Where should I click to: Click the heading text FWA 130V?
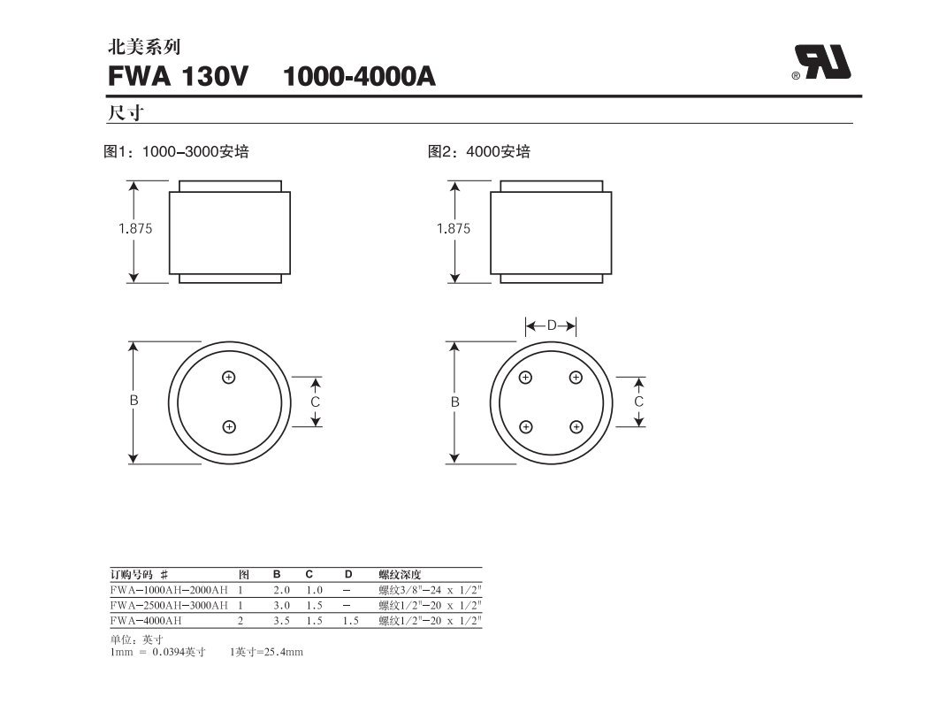click(178, 77)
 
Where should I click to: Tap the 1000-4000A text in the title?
click(359, 77)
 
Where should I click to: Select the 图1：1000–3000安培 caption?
click(177, 152)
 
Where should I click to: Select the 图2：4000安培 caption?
click(479, 152)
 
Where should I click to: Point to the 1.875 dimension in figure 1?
click(135, 228)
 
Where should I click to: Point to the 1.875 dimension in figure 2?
click(454, 228)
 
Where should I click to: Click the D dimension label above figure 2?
click(551, 325)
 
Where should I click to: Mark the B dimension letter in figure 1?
click(134, 401)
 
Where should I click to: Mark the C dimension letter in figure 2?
click(639, 402)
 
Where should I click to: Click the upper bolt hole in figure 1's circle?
click(229, 377)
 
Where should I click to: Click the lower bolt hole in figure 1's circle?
click(229, 427)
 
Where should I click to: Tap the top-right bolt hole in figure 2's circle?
click(576, 378)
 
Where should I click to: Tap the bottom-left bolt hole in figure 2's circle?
click(526, 427)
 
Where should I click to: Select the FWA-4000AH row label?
click(147, 621)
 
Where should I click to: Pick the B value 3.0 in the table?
click(282, 606)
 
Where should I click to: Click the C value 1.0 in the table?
click(314, 590)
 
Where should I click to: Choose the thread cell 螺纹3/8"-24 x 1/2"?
click(430, 590)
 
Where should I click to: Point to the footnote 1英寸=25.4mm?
click(266, 652)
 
